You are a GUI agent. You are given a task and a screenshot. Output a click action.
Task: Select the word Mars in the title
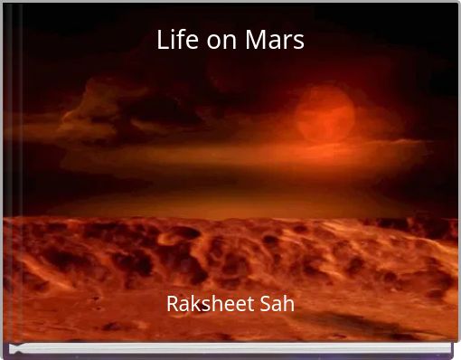tap(273, 41)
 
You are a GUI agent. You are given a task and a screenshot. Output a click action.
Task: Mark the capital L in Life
tap(162, 40)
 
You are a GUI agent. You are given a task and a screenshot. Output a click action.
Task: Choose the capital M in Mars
tap(252, 40)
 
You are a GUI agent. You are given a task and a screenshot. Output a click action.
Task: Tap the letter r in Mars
tap(287, 42)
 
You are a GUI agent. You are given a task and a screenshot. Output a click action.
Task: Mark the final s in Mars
tap(297, 42)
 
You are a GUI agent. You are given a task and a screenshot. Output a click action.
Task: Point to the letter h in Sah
tap(288, 304)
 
